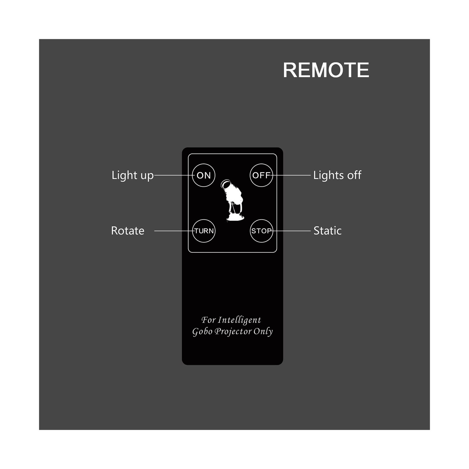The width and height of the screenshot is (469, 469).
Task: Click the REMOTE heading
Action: (326, 70)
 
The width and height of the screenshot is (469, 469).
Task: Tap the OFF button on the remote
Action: (261, 175)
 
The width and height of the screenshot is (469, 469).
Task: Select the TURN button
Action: (204, 231)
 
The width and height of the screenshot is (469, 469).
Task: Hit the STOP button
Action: (261, 231)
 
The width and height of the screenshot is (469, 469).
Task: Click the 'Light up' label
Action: (132, 176)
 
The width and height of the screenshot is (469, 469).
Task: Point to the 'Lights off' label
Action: (337, 175)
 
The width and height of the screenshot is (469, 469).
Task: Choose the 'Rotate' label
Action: (128, 231)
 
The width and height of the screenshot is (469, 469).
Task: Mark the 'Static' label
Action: (327, 231)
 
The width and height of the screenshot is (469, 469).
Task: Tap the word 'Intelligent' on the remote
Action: (239, 320)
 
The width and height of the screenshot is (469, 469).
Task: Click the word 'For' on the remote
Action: (208, 320)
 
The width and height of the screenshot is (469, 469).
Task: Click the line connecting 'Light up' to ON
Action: (173, 175)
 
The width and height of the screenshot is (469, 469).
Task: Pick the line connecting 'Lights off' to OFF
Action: (292, 175)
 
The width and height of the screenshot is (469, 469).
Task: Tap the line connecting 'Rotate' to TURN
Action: (173, 231)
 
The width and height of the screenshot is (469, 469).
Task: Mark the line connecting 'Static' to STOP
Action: (292, 231)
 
